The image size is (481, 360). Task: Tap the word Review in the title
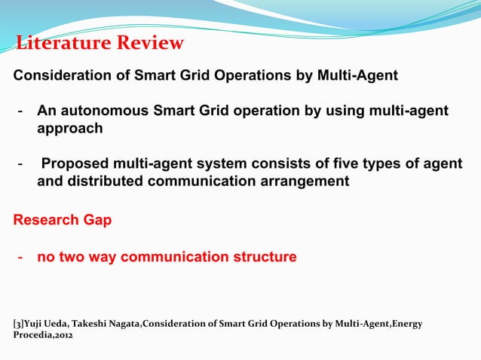151,43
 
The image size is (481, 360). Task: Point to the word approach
70,129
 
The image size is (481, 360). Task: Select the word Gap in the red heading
97,220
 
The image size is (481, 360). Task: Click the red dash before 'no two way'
23,258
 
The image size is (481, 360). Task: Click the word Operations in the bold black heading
249,76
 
